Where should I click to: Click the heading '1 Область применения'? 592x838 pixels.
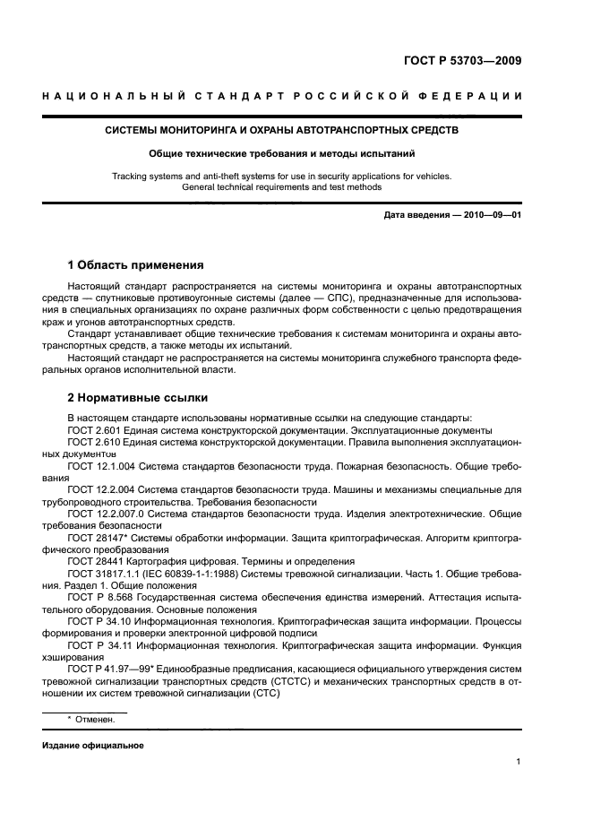pyautogui.click(x=136, y=265)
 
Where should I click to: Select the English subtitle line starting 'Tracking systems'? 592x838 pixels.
pyautogui.click(x=281, y=176)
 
